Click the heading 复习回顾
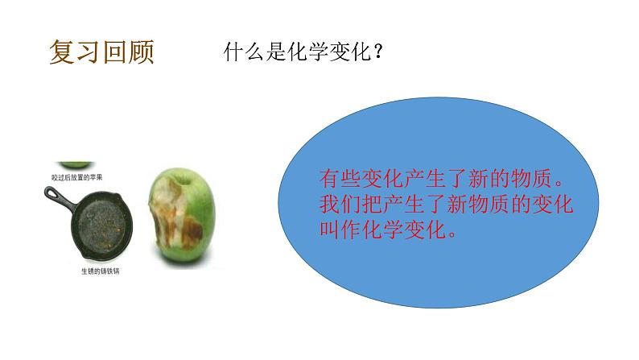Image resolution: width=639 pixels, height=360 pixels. pyautogui.click(x=101, y=53)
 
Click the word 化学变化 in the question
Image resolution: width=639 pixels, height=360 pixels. pyautogui.click(x=328, y=54)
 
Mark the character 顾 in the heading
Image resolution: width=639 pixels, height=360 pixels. pyautogui.click(x=140, y=53)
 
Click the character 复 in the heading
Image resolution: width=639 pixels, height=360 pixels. pyautogui.click(x=62, y=53)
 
